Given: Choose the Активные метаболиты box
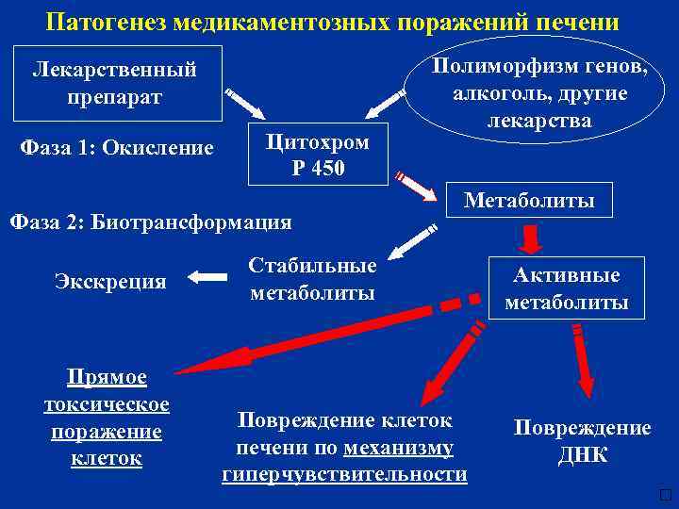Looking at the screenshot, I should click(x=566, y=288).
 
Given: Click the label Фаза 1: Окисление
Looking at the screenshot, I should click(x=117, y=148).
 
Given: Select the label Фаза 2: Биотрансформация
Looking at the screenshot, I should click(x=150, y=223).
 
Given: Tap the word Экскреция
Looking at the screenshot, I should click(x=110, y=281).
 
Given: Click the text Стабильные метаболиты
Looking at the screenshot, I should click(x=312, y=279).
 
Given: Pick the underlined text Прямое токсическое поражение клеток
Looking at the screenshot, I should click(x=107, y=418).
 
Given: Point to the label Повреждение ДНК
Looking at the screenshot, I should click(x=582, y=441).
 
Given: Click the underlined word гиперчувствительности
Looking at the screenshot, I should click(x=344, y=474).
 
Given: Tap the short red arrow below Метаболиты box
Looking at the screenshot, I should click(x=532, y=238).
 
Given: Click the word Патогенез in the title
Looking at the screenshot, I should click(x=107, y=20).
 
